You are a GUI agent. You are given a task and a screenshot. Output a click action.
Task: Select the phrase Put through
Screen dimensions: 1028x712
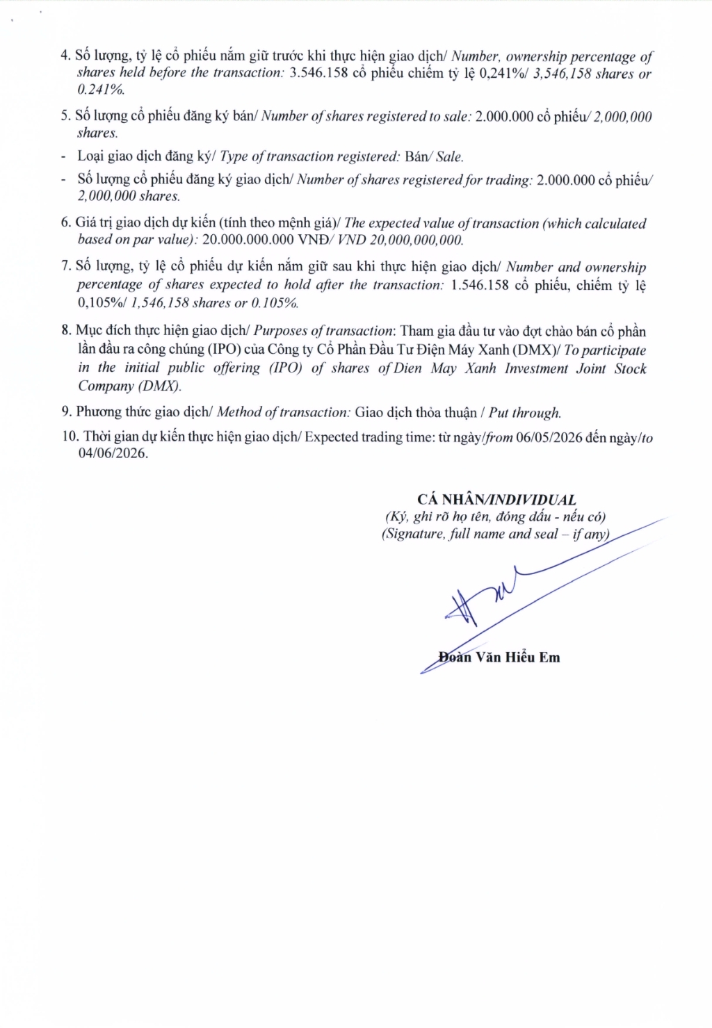coord(525,413)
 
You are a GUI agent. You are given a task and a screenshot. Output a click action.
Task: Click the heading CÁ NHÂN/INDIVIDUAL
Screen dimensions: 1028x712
coord(496,500)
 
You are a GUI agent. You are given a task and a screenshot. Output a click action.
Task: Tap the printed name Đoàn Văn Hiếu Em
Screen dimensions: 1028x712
coord(499,657)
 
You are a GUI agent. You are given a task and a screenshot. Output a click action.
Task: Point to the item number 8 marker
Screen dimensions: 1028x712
coord(65,331)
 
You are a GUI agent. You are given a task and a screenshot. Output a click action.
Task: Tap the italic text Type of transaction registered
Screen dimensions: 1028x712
coord(308,157)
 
